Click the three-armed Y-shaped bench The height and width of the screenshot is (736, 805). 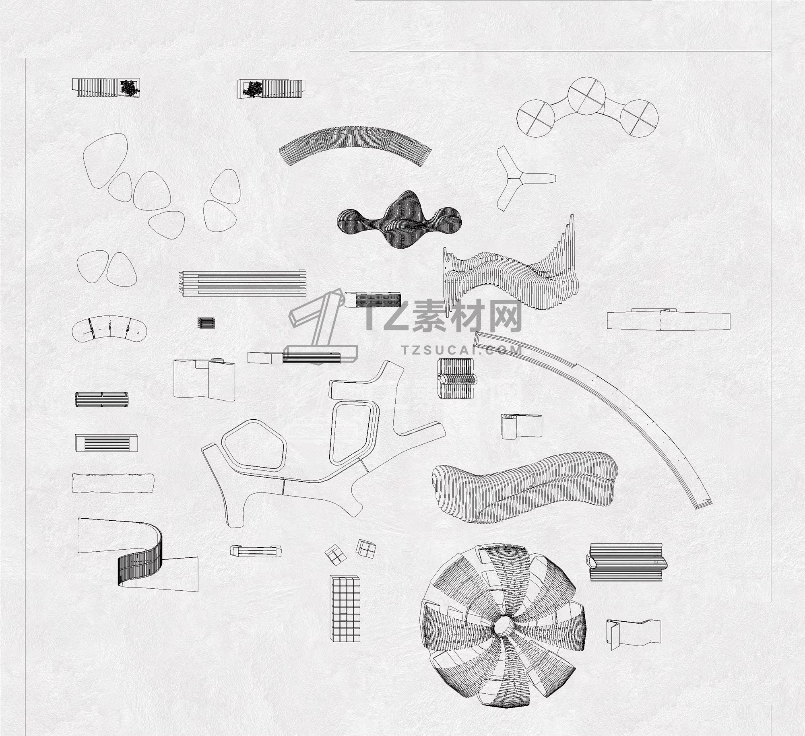(521, 176)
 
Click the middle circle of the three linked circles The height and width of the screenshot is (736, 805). (586, 96)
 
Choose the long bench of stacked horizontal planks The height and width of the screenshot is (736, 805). (242, 284)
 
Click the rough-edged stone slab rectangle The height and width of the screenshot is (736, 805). (113, 483)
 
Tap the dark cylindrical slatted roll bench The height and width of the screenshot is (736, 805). (102, 399)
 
